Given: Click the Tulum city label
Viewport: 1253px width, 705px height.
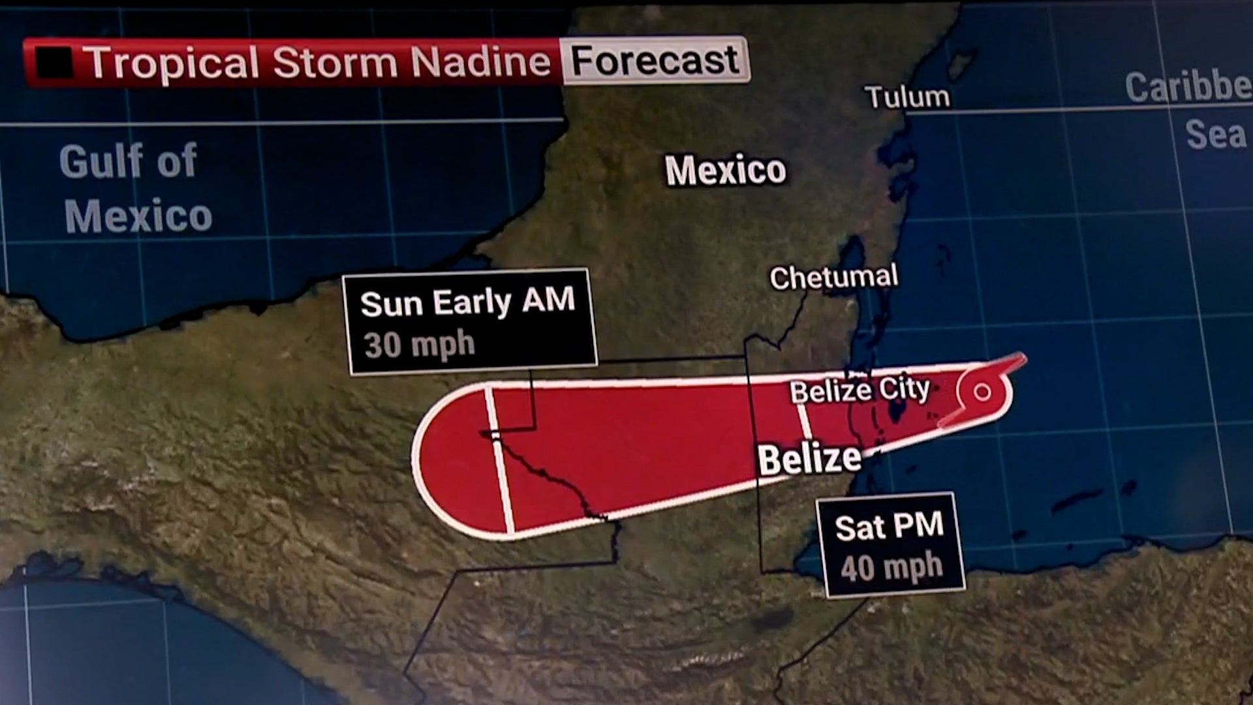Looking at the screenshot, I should [908, 97].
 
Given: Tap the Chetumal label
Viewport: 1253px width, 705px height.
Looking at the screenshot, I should [833, 277].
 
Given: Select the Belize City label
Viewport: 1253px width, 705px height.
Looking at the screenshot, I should [859, 391].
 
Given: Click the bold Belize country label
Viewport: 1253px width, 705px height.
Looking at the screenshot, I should [809, 459].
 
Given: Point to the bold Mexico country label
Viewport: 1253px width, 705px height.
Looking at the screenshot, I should [726, 170].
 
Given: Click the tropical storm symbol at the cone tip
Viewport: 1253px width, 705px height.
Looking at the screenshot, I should [982, 392].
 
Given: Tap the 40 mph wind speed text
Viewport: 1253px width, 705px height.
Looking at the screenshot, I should [891, 567].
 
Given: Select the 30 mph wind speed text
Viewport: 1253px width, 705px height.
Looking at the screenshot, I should [419, 345].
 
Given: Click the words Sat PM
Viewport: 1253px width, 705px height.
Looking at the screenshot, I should [889, 526].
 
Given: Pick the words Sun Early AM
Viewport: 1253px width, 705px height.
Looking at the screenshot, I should [467, 302].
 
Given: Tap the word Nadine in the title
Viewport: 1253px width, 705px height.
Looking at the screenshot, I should [480, 63].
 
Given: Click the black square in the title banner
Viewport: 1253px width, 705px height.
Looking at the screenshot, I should [54, 63].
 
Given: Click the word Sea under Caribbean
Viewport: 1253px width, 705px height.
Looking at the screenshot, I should [1215, 134].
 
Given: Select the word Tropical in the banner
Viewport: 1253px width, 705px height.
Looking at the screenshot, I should [171, 63].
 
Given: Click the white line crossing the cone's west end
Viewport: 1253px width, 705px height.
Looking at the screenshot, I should [499, 460].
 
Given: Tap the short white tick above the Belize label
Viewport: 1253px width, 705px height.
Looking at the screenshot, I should [805, 422].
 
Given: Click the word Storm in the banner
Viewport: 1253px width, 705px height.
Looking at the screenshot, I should [335, 63].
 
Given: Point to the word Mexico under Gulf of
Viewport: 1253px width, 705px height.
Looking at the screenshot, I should [138, 216].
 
